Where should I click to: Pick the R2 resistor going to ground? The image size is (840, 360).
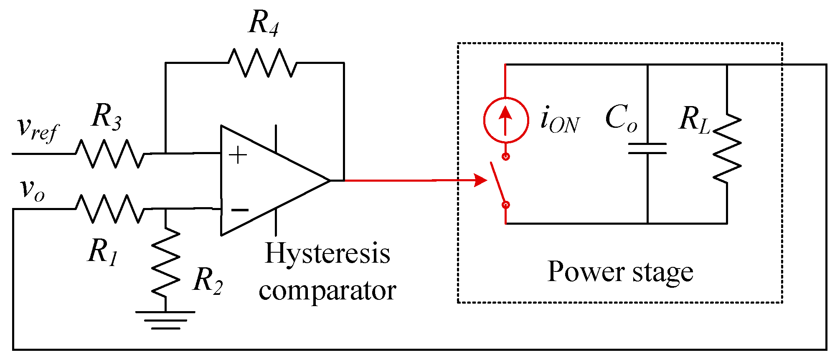click(x=166, y=262)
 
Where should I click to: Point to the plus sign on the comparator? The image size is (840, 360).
click(x=238, y=155)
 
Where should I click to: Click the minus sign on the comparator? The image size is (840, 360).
click(x=240, y=210)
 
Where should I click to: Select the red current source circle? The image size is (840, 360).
click(x=506, y=120)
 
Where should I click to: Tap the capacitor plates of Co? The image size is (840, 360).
click(x=647, y=149)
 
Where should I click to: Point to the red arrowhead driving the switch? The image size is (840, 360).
click(x=481, y=180)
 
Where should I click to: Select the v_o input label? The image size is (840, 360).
click(x=33, y=190)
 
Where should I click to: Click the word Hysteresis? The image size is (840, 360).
click(x=328, y=254)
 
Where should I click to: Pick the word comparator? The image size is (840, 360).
click(x=327, y=291)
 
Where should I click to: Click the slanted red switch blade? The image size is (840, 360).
click(x=497, y=183)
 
